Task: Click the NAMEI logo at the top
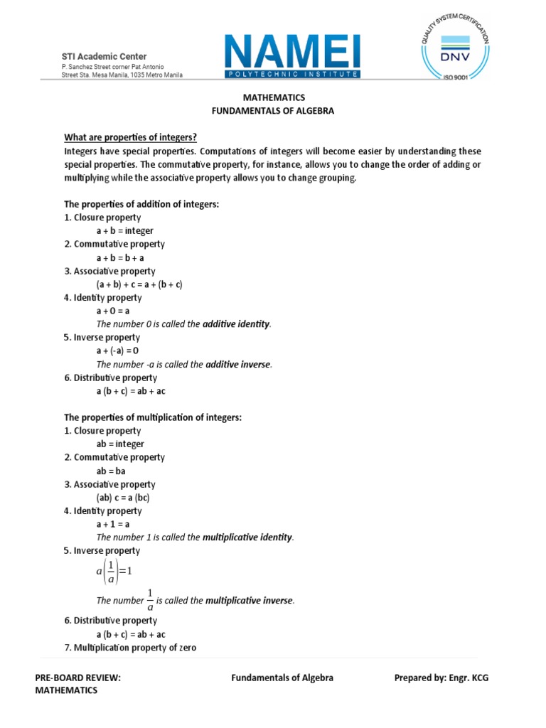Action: tap(293, 58)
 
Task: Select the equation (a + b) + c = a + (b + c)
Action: tap(139, 284)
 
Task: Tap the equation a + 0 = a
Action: tap(113, 311)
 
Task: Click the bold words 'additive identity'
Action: tap(236, 324)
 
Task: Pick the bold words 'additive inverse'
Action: tap(237, 365)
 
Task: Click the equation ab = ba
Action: tap(111, 471)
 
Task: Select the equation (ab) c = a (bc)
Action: tap(123, 498)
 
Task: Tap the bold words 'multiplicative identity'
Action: tap(247, 537)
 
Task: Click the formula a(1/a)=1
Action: tap(114, 570)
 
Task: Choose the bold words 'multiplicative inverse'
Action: tap(249, 601)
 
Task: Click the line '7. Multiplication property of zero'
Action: tap(130, 648)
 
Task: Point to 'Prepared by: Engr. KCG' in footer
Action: tap(441, 678)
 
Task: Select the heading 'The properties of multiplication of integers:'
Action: tap(153, 417)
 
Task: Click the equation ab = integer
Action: tap(120, 444)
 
